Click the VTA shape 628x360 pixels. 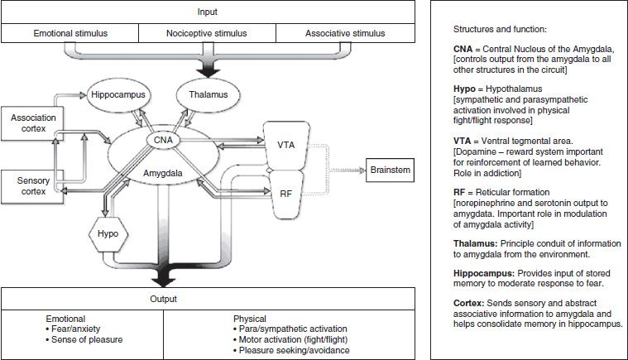pos(284,144)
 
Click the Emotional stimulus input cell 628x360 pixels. pos(70,34)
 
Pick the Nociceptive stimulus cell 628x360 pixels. pos(206,34)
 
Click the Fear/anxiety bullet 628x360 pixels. pos(76,329)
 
